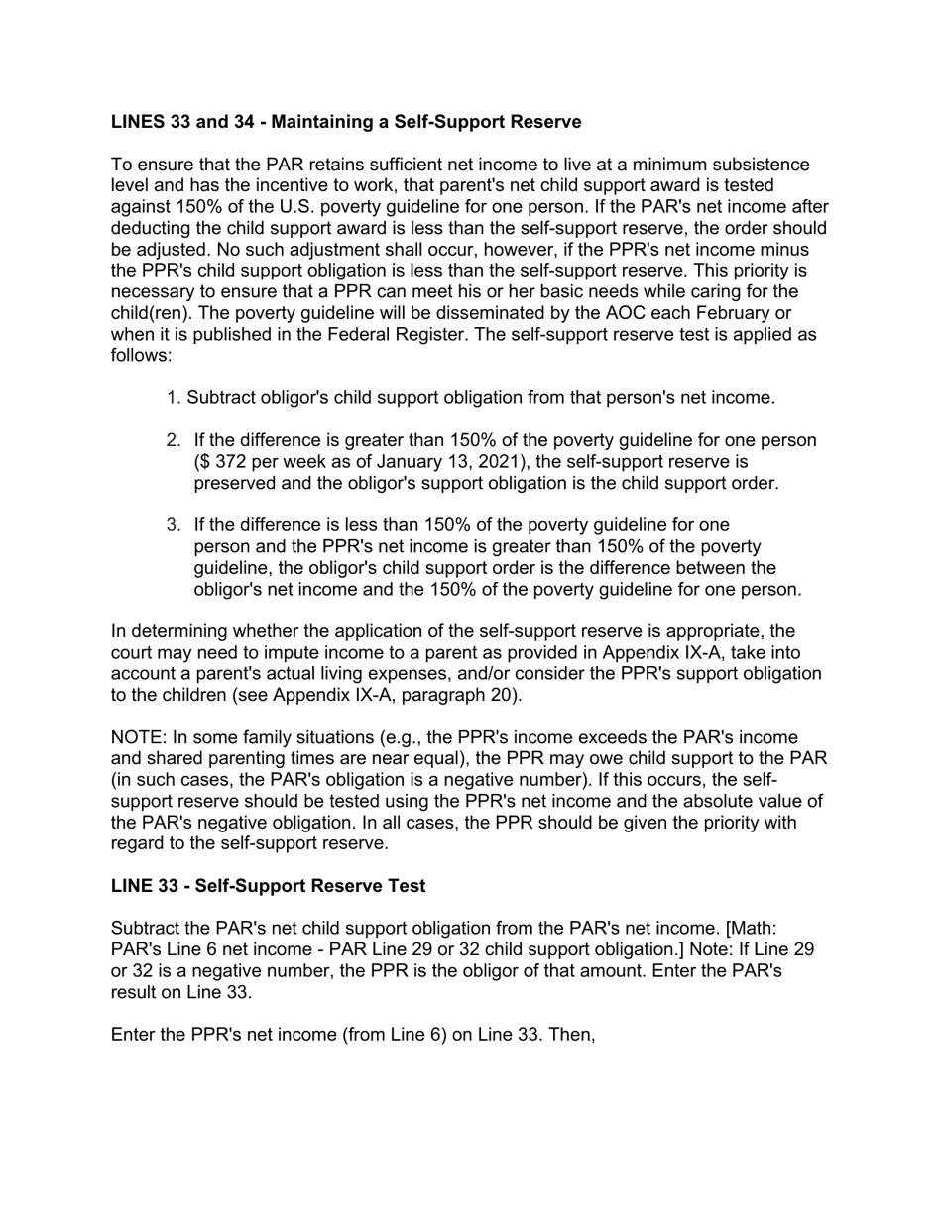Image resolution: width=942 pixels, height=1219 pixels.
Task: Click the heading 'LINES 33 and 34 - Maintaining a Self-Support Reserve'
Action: click(346, 122)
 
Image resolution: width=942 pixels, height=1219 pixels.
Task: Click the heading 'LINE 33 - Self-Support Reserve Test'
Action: click(268, 885)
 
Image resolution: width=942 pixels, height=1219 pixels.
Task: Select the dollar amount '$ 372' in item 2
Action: click(217, 462)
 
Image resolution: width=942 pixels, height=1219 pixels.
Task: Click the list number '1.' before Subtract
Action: click(174, 398)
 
